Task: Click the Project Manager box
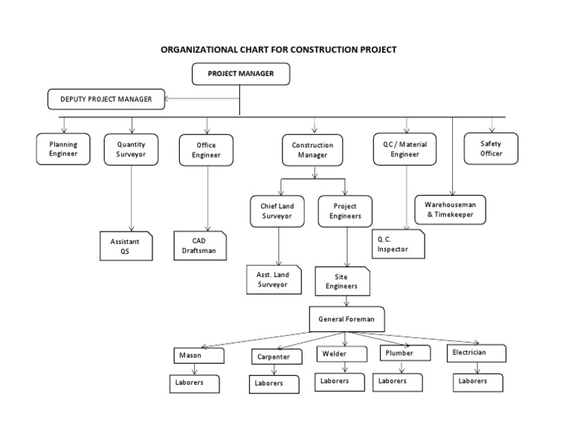pos(240,74)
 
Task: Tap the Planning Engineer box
pos(63,149)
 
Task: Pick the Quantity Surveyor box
pos(131,149)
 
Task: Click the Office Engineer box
pos(206,150)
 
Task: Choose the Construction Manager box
pos(312,150)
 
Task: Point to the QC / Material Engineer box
pos(405,149)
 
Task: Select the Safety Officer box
pos(491,148)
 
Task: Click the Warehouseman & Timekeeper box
pos(454,209)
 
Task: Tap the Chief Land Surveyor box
pos(277,211)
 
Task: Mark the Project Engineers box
pos(346,211)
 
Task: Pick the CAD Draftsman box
pos(199,246)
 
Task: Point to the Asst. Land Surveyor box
pos(273,279)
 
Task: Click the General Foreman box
pos(346,319)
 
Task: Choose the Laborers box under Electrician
pos(477,382)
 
